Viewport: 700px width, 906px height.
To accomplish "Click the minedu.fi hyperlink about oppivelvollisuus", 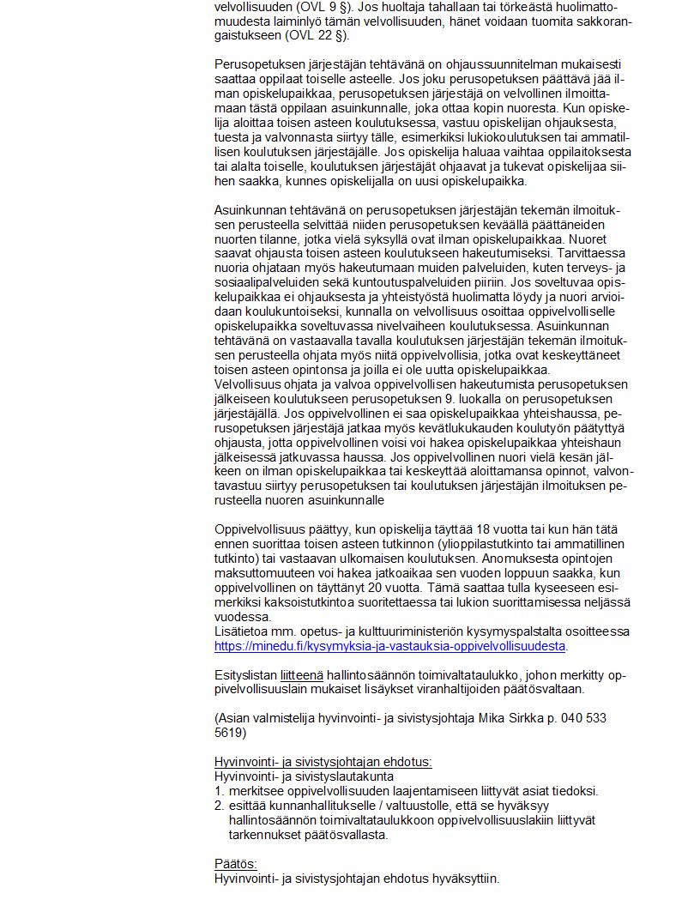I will pos(390,645).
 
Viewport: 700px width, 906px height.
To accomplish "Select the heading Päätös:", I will pos(235,864).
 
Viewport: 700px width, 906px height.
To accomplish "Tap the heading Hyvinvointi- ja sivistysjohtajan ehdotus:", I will pos(323,762).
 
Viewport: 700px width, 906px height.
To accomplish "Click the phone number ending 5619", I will pos(230,733).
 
